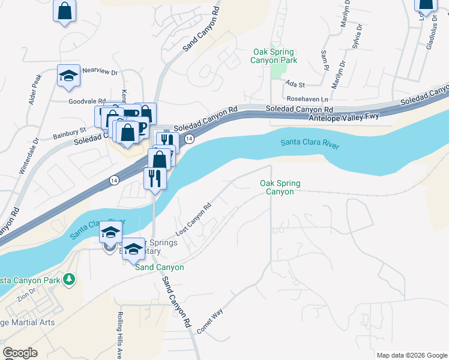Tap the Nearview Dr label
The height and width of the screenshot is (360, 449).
tap(100, 71)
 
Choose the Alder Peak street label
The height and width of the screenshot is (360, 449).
tap(34, 89)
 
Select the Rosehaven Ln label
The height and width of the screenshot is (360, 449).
tap(308, 98)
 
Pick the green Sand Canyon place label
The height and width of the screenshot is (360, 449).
tap(160, 267)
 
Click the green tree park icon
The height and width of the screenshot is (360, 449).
tap(70, 279)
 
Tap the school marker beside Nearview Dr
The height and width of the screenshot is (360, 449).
tap(68, 76)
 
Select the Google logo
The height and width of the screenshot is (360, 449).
tap(20, 353)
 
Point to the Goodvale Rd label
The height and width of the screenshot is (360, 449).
tap(86, 102)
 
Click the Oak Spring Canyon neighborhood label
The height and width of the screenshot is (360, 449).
tap(280, 187)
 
